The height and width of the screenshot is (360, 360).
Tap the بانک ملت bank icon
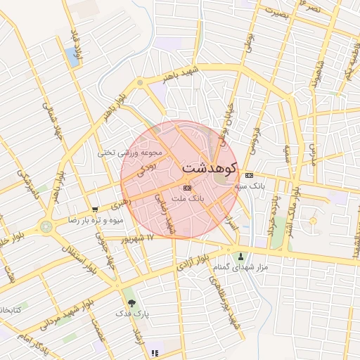pyautogui.click(x=187, y=188)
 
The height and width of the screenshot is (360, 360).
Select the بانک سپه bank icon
pyautogui.click(x=249, y=175)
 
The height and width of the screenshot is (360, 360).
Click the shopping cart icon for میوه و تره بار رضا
pyautogui.click(x=94, y=210)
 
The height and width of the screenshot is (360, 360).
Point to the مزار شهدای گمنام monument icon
pyautogui.click(x=242, y=256)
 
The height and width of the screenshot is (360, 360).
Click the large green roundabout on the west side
pyautogui.click(x=47, y=226)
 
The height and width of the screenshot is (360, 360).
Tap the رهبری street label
pyautogui.click(x=118, y=205)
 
